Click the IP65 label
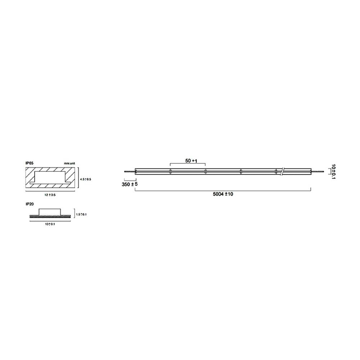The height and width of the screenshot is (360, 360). coord(30,163)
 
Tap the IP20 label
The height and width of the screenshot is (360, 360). coord(29,204)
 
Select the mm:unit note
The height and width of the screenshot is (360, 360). coord(69,163)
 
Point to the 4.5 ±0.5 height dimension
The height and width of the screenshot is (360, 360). coord(86,179)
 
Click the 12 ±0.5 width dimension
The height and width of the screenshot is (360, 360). coord(50,195)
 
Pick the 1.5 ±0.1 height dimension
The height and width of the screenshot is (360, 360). coord(81,215)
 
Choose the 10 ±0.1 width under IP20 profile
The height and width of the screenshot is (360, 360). coord(50,224)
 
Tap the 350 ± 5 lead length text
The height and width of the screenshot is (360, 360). coord(129,184)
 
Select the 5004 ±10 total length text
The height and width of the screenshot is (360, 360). coord(223,194)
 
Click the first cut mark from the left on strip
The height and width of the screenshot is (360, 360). coord(170,171)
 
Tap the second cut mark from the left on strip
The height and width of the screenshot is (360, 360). coord(205,171)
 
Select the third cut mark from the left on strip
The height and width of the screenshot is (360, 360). coord(240,171)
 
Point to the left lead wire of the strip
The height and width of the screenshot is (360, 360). coord(129,171)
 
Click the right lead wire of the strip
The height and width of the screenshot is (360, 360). coord(315,171)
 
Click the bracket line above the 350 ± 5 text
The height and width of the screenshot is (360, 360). coord(129,179)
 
